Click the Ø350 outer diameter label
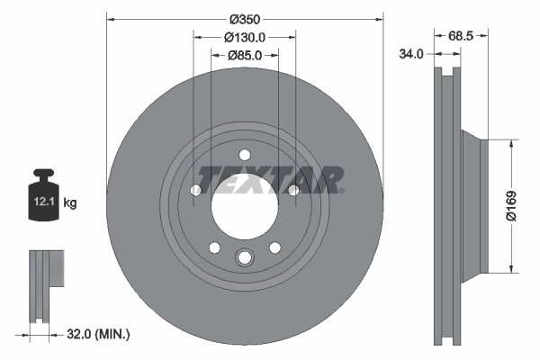(245, 18)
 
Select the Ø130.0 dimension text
(244, 37)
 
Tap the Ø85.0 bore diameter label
(244, 56)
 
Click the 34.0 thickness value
(411, 54)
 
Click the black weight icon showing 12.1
(42, 193)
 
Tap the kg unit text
(70, 203)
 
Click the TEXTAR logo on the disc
(269, 179)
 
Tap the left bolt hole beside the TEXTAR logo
(196, 189)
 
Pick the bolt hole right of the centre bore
(292, 189)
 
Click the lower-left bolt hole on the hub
(214, 247)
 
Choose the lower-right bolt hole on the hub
(274, 247)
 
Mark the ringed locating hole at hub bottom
(244, 259)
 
